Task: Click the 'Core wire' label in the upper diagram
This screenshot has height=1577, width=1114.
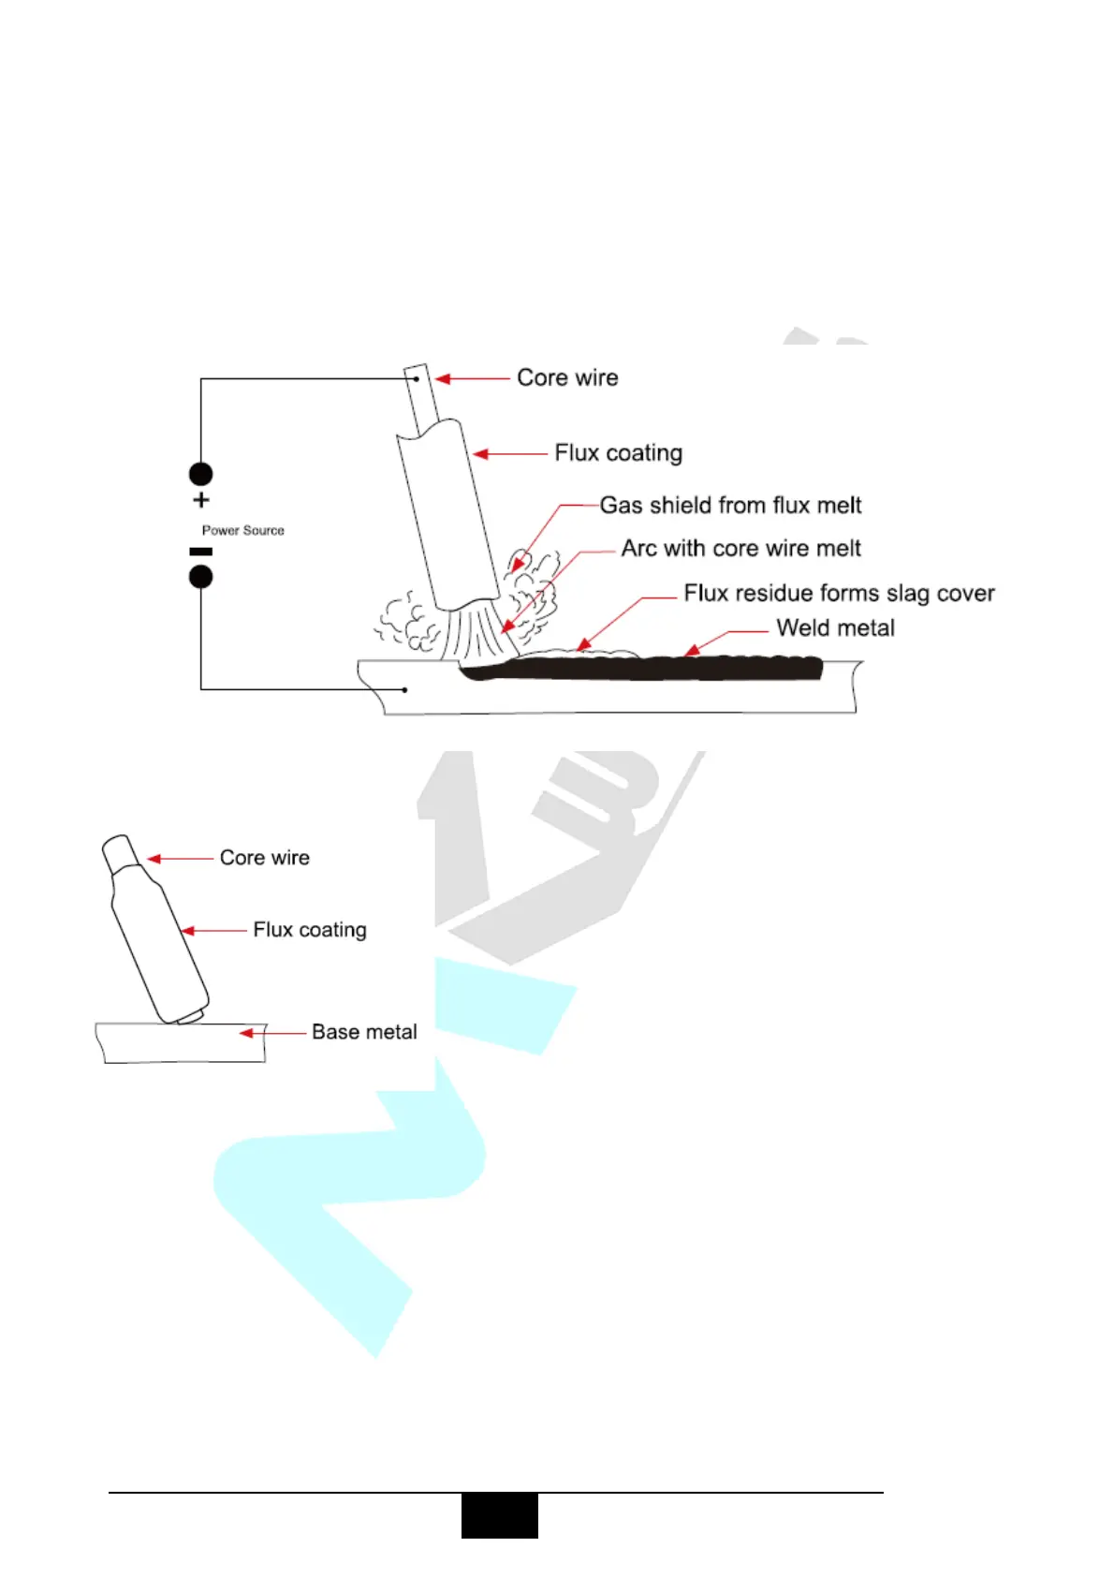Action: (567, 377)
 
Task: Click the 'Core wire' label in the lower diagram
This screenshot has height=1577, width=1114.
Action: (264, 858)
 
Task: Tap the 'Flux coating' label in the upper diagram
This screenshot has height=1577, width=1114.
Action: (618, 453)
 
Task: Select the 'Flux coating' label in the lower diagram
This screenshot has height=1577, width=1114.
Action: (310, 930)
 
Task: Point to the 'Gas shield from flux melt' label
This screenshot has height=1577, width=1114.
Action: (730, 506)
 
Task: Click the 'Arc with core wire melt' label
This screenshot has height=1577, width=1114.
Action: (740, 549)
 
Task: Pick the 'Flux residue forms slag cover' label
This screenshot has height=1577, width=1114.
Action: (839, 594)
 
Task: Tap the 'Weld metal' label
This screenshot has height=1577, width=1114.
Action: (835, 628)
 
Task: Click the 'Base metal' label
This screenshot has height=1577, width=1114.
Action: (364, 1032)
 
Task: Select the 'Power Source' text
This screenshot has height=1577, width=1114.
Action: (243, 530)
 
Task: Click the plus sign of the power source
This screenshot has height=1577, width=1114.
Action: (201, 500)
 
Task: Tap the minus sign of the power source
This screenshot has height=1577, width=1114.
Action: (201, 552)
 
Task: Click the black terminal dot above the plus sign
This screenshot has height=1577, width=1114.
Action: (201, 474)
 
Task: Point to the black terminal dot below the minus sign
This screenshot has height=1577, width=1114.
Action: (201, 576)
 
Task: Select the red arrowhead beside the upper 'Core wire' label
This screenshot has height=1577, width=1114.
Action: (443, 378)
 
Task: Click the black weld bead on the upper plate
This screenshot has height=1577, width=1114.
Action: (655, 669)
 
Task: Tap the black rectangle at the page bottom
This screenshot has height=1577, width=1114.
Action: (500, 1515)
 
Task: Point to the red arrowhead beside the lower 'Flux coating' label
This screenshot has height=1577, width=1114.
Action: (188, 931)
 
